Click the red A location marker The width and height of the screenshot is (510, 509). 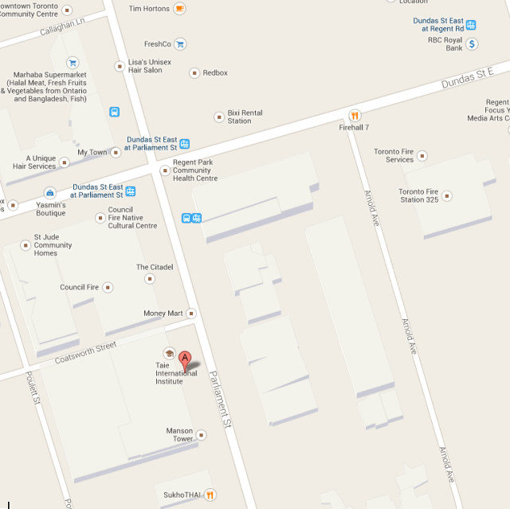point(185,361)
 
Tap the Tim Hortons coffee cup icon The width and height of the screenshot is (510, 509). point(180,9)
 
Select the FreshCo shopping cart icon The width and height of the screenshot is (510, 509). point(180,45)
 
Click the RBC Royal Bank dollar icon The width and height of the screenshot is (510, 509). point(472,44)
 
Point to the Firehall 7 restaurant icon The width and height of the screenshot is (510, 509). point(355,115)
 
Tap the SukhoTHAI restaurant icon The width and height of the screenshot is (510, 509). point(210,495)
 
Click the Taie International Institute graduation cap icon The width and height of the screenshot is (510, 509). point(169,353)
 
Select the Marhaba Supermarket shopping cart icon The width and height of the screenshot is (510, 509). point(73,62)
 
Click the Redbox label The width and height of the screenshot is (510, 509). point(215,73)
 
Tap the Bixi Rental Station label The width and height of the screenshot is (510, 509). point(245,116)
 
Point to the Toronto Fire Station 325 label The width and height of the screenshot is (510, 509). point(419,195)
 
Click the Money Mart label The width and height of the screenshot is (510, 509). point(163,314)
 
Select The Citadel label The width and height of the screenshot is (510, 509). point(154,267)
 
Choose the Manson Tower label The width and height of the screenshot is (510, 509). point(179,435)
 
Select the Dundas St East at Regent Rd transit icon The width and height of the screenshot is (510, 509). point(471,25)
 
